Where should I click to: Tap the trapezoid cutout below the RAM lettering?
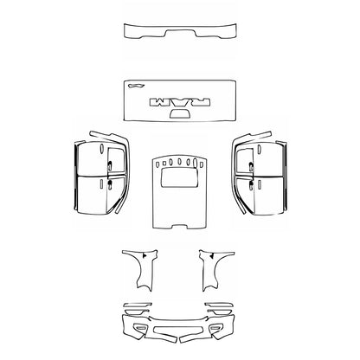(x=180, y=114)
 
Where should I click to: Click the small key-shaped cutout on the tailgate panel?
(x=136, y=86)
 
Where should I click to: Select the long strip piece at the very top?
(x=180, y=32)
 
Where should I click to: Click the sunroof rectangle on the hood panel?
(x=180, y=180)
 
